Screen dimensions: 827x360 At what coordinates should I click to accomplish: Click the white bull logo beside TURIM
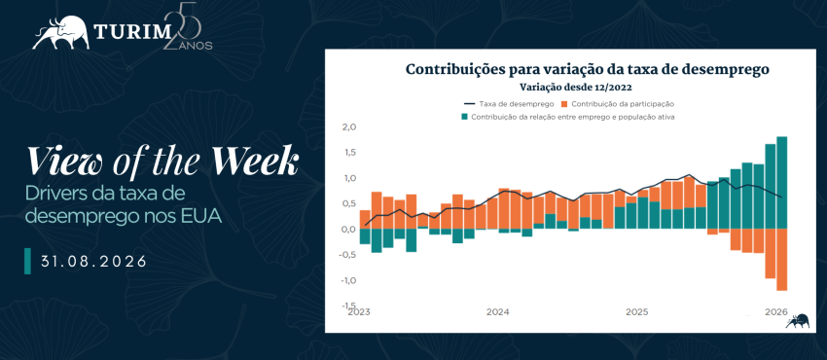tap(60, 33)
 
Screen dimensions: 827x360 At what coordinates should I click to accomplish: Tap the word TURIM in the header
tap(129, 33)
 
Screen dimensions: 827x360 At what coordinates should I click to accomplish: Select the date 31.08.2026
tap(93, 261)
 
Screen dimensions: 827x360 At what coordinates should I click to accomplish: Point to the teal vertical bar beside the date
tap(27, 261)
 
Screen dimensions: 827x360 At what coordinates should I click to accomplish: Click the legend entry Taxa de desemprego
tap(509, 104)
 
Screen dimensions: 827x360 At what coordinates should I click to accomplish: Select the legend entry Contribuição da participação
tap(618, 104)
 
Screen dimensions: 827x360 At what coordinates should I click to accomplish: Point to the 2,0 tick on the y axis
tap(350, 127)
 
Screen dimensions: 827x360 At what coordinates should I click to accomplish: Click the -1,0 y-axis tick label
tap(348, 280)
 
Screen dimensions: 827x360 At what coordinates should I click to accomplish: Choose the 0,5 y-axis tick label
tap(350, 204)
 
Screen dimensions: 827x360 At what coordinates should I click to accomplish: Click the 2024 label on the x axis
tap(497, 312)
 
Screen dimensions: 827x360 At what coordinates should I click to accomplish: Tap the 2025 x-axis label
tap(636, 312)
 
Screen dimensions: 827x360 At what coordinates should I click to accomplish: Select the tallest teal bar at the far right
tap(781, 183)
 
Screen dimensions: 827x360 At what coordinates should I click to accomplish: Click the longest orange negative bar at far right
tap(781, 260)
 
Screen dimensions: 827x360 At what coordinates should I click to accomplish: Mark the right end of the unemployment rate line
tap(781, 198)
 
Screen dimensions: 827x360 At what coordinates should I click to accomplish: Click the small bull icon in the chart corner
tap(798, 321)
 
